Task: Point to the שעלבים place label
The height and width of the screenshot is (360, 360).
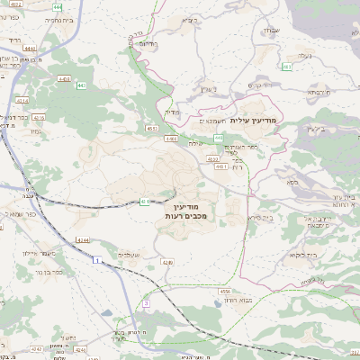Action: (130, 256)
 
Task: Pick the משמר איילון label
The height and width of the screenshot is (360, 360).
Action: (44, 254)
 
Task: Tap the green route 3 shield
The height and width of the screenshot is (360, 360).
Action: (145, 303)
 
